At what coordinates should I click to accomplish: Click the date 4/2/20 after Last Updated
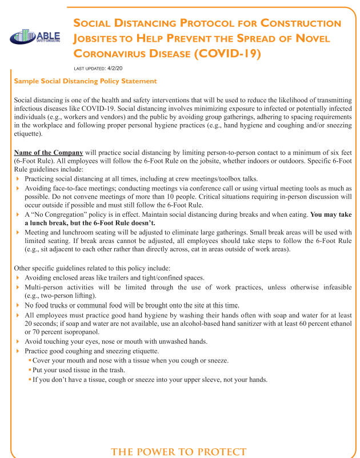(x=115, y=68)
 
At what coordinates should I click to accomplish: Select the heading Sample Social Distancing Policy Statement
(x=85, y=81)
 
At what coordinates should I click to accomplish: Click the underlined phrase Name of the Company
(x=49, y=153)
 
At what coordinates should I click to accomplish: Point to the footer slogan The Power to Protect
(x=179, y=452)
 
